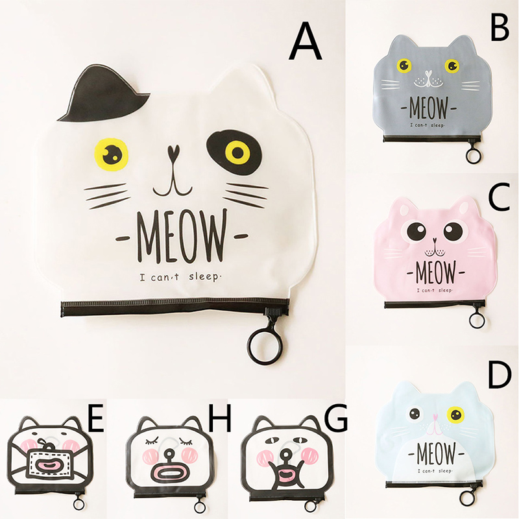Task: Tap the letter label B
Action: (500, 27)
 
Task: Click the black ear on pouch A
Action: (103, 93)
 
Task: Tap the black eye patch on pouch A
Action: (234, 152)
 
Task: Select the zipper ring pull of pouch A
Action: (264, 347)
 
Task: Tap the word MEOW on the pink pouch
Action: (435, 272)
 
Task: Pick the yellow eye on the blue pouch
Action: (456, 415)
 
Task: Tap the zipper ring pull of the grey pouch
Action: (474, 155)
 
